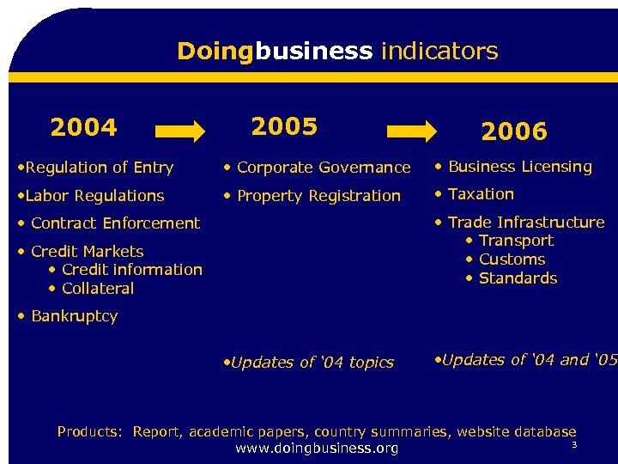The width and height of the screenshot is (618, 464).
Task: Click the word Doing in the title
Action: click(x=215, y=52)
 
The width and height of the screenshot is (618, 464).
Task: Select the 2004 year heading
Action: click(x=83, y=128)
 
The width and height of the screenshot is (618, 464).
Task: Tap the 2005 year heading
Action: click(x=284, y=126)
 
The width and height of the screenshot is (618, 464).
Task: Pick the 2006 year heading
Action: click(x=513, y=131)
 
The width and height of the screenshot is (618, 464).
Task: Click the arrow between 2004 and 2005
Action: click(x=180, y=131)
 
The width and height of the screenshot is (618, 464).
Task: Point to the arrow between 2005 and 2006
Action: click(x=411, y=131)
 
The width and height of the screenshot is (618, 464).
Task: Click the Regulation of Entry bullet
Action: click(x=96, y=168)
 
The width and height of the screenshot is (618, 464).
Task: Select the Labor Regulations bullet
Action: click(x=91, y=196)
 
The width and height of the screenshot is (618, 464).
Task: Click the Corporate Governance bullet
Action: click(x=318, y=168)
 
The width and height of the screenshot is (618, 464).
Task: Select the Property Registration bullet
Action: click(x=312, y=196)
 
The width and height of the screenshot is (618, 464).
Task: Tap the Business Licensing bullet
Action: click(x=514, y=167)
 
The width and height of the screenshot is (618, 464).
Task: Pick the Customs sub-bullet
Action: click(x=506, y=259)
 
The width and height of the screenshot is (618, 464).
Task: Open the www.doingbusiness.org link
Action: click(x=317, y=449)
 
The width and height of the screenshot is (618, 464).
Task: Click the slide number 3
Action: click(x=574, y=444)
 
